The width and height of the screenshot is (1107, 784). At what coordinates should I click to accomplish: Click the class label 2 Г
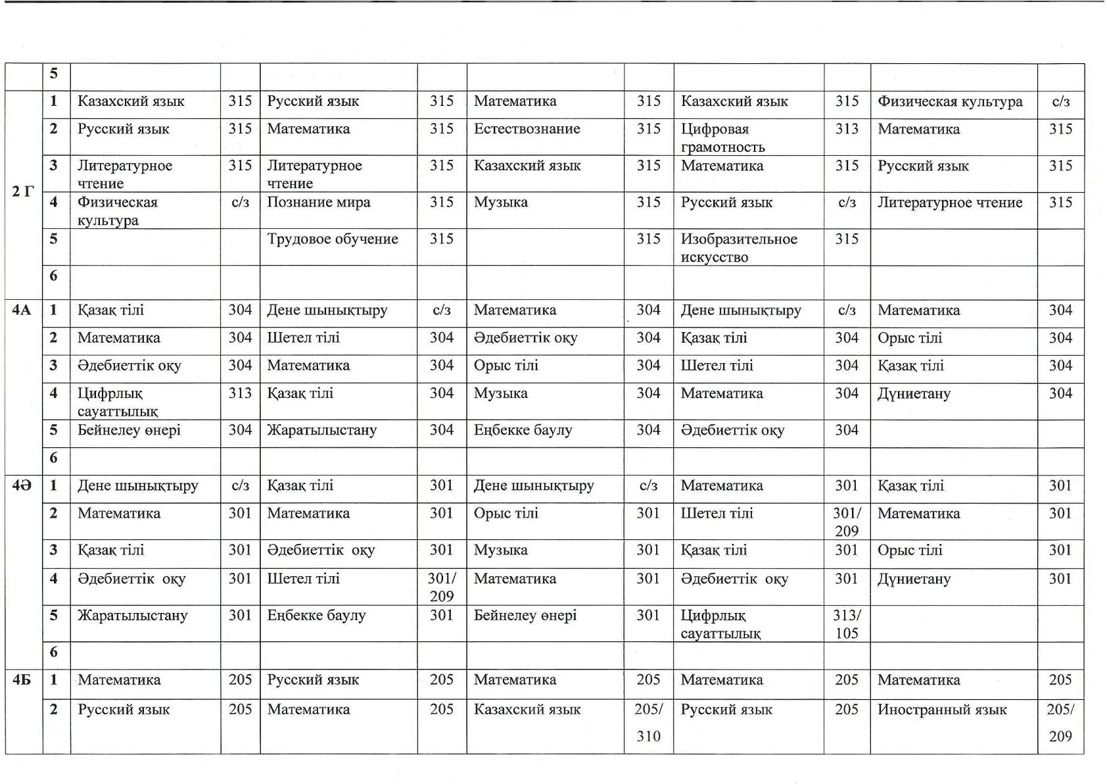[23, 192]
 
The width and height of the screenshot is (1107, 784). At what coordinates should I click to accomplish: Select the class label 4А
[22, 310]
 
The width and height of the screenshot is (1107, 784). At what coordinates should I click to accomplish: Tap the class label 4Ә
[22, 486]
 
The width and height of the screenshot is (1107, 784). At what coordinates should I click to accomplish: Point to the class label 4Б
[22, 680]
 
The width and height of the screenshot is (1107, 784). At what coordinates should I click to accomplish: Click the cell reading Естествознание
[527, 129]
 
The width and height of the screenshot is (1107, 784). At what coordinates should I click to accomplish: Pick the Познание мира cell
[318, 203]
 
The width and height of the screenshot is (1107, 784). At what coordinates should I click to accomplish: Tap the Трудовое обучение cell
[332, 239]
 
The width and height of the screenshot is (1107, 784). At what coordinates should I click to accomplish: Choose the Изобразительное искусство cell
[738, 248]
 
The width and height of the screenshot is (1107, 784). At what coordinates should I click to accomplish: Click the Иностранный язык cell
[941, 710]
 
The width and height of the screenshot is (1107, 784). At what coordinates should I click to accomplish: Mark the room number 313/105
[846, 624]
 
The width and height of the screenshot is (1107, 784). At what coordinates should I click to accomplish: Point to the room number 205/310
[648, 722]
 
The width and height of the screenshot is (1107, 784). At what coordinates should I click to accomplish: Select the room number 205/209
[1060, 722]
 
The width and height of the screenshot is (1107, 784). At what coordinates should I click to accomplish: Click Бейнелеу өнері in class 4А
[129, 431]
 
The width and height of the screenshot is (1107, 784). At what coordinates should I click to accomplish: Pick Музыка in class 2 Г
[500, 203]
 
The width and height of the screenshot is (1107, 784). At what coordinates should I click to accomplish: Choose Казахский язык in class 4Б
[527, 710]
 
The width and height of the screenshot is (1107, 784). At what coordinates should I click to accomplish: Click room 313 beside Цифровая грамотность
[846, 130]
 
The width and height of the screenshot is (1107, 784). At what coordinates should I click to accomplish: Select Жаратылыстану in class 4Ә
[132, 616]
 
